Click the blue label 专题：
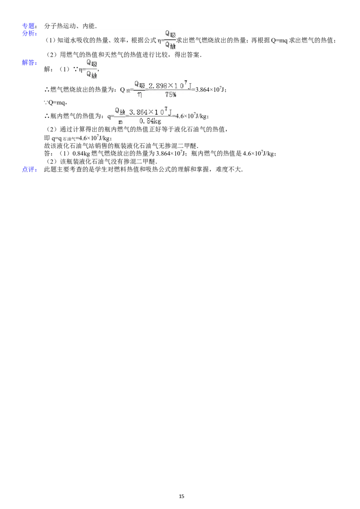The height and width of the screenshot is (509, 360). point(30,26)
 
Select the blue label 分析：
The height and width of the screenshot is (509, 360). point(30,33)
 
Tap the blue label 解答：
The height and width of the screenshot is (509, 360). point(30,63)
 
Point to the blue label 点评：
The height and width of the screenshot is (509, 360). point(30,170)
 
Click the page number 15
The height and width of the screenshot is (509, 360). point(182,496)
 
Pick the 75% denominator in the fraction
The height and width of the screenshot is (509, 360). point(171,94)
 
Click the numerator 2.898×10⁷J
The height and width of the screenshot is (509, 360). point(170,85)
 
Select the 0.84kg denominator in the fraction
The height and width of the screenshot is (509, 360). point(150,121)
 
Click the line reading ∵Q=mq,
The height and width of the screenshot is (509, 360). point(55,103)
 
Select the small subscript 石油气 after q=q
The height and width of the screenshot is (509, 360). point(68,139)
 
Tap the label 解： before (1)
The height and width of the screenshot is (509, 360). point(49,69)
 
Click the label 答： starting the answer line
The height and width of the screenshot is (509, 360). point(49,154)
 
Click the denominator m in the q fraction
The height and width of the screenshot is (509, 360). point(120,122)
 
